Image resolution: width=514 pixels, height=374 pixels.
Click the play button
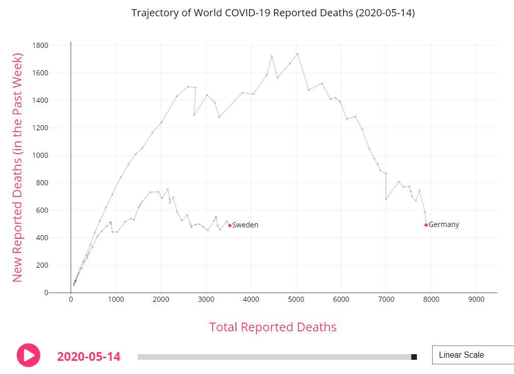point(28,355)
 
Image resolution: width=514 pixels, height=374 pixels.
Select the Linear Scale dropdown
point(472,355)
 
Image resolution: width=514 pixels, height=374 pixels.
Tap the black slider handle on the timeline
point(414,357)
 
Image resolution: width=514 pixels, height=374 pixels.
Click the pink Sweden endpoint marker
point(230,225)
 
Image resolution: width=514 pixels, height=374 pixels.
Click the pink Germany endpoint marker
point(426,225)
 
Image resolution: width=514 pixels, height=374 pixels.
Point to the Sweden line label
point(245,225)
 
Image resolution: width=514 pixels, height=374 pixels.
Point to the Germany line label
point(443,225)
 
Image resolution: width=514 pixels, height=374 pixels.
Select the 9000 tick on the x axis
point(476,300)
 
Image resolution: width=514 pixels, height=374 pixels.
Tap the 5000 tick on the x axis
point(296,300)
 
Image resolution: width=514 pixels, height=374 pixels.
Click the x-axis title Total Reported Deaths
point(273,327)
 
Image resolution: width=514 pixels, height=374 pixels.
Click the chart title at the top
point(273,13)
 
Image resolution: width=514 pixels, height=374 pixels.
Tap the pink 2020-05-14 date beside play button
point(88,356)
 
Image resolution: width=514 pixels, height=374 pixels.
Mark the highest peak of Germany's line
point(297,53)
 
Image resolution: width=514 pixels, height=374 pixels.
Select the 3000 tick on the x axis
point(206,300)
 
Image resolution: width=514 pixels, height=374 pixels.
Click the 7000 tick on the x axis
point(386,300)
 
